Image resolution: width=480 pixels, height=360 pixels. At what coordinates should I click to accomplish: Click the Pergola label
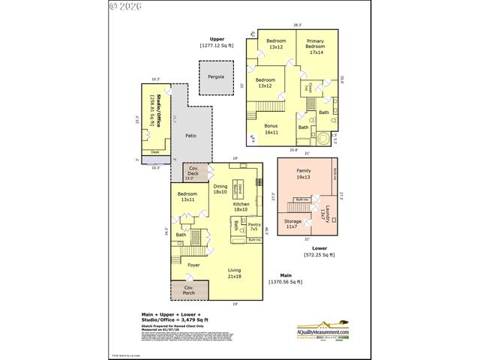click(216, 77)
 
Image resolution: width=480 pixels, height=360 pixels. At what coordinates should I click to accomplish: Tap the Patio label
click(191, 136)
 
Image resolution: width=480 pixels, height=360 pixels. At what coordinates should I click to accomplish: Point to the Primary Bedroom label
click(315, 46)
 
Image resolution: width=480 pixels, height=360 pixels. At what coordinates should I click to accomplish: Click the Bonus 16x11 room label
click(271, 129)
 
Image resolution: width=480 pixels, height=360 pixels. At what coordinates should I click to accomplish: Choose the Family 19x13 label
click(304, 173)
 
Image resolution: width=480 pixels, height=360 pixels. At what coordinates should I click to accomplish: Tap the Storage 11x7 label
click(292, 223)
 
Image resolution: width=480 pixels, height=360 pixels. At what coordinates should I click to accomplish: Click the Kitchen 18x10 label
click(241, 207)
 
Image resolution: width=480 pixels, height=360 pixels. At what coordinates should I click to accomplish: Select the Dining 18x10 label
click(220, 189)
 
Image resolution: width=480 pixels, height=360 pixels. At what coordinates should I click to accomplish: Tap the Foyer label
click(193, 265)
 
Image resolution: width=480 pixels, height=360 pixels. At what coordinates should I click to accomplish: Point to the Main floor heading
click(286, 275)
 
